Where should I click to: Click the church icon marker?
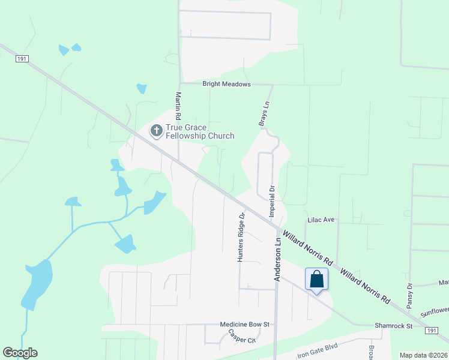pos(156,130)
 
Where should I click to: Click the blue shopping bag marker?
pos(317,279)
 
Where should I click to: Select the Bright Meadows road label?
pos(226,85)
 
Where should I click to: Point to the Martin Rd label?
pos(178,105)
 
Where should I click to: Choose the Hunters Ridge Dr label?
pos(241,236)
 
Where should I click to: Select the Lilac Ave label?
pos(321,220)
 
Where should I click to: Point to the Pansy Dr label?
pos(410,296)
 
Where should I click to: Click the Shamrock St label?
pos(394,326)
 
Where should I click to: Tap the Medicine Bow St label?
pos(246,325)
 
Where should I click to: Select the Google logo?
pos(20,353)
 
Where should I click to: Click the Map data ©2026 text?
pos(423,355)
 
